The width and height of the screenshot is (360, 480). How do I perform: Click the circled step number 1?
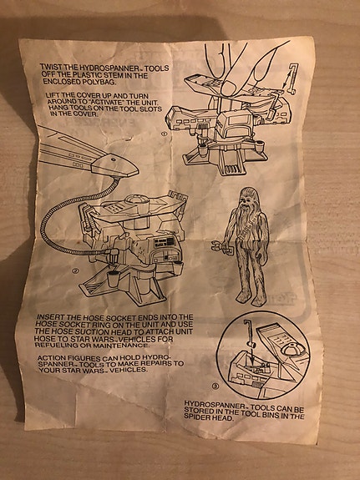coord(164,134)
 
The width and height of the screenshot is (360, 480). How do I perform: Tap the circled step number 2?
coord(75,270)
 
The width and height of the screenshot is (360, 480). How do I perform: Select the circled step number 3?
coord(215,387)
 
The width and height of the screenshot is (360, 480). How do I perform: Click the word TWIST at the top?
coord(49,67)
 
